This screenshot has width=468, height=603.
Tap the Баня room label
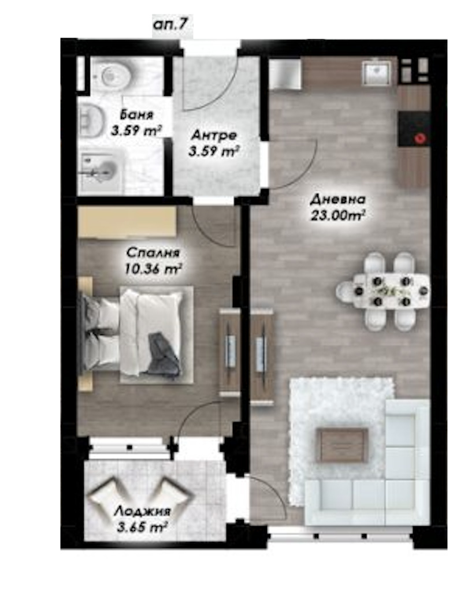point(136,114)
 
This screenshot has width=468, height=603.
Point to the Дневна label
point(337,200)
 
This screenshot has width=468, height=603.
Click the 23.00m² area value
point(337,215)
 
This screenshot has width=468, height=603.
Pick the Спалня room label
point(153,253)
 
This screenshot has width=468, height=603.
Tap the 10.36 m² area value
point(153,269)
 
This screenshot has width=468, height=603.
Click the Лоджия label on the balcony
point(142,511)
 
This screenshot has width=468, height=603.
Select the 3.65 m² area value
point(142,527)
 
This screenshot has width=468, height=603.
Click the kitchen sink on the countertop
point(377,73)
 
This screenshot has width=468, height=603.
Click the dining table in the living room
point(391,291)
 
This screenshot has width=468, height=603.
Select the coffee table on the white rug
point(342,445)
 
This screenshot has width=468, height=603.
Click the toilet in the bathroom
point(112,75)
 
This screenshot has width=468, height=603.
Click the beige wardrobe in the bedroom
point(127,222)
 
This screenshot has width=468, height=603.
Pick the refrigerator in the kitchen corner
point(284,74)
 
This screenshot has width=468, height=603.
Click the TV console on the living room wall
point(263,357)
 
